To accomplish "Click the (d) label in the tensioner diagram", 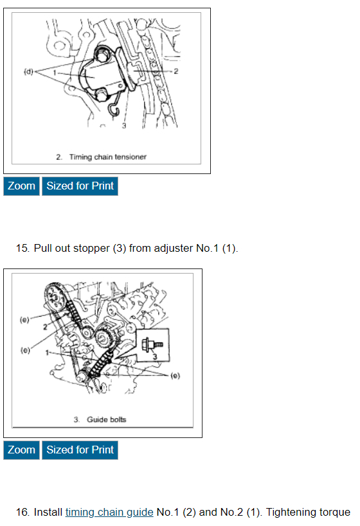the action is [28, 71].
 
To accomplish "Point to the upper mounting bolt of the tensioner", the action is [102, 55].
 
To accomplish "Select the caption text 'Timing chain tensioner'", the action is [108, 157].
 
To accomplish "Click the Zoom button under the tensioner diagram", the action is [21, 186].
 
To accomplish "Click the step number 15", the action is [22, 249].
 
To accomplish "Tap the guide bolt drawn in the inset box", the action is [152, 344].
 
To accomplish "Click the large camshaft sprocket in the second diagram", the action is [55, 297].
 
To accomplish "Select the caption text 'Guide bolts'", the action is [107, 419].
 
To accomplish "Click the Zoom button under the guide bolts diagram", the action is [21, 450].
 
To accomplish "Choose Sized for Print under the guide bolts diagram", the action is [80, 450].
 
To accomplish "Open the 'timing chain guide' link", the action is [109, 513].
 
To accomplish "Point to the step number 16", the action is [22, 513].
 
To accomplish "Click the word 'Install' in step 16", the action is [48, 513].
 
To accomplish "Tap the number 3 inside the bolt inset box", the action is [155, 356].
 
